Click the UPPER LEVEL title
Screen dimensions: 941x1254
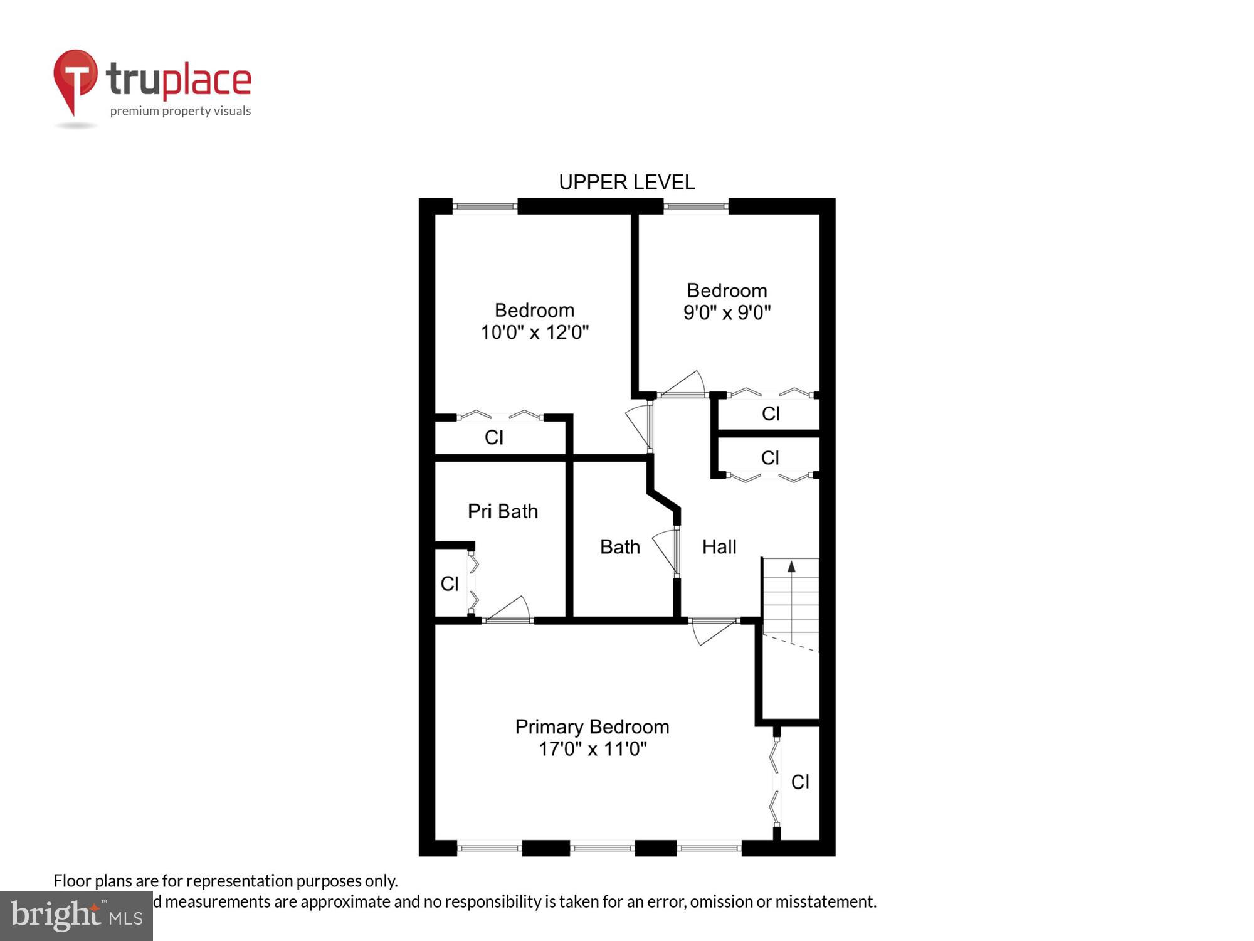(x=626, y=183)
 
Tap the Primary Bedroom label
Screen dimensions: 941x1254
(x=592, y=726)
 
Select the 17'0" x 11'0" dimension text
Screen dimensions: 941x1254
(x=592, y=749)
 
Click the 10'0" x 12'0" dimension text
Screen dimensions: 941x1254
(x=534, y=332)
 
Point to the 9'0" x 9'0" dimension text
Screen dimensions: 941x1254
(x=727, y=312)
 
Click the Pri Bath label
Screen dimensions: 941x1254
(x=503, y=511)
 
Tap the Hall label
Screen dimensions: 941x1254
(x=719, y=547)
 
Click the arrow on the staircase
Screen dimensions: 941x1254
(x=791, y=567)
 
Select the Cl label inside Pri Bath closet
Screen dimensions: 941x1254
(x=450, y=584)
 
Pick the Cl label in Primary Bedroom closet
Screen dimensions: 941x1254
(x=800, y=782)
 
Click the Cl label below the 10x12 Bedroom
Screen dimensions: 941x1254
(x=493, y=437)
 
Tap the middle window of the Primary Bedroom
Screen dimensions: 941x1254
(x=602, y=848)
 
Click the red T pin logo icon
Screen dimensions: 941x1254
(x=75, y=78)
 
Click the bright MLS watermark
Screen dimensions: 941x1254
(x=76, y=916)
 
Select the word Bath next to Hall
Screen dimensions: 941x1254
(x=619, y=547)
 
